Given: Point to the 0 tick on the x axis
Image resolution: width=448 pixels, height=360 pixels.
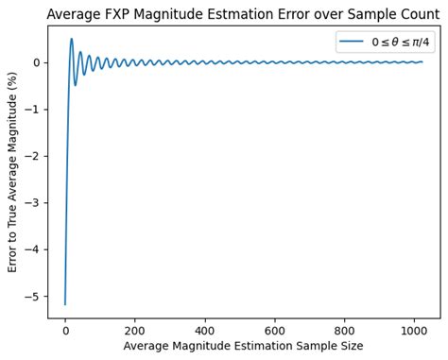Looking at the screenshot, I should [x=65, y=330].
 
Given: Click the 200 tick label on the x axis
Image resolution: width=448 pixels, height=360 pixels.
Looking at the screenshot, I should [x=135, y=330].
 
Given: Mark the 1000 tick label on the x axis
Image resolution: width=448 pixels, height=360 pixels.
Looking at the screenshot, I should [x=413, y=330].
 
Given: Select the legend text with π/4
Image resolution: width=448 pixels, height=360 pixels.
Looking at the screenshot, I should [x=402, y=42].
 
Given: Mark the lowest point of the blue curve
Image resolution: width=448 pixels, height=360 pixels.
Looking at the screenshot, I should [x=65, y=304].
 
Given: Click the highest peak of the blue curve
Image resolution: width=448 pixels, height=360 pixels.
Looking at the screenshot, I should [x=71, y=39].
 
